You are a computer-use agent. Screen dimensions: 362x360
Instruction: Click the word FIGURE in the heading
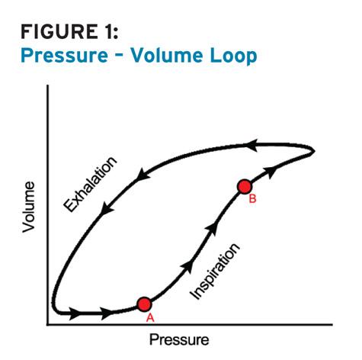click(x=59, y=31)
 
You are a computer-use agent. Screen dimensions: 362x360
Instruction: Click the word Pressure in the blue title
click(x=64, y=56)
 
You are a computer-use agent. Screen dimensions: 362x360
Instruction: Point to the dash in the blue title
click(x=120, y=56)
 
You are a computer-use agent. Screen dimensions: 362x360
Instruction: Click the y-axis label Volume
click(x=28, y=207)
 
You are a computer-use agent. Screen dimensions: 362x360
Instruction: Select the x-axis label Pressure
click(x=179, y=339)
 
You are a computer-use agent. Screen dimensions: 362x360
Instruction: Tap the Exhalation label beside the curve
click(x=90, y=184)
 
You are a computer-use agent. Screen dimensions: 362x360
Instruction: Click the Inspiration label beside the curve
click(x=215, y=272)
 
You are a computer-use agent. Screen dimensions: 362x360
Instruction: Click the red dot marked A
click(x=144, y=304)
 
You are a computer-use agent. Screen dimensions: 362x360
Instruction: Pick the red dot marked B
click(x=245, y=187)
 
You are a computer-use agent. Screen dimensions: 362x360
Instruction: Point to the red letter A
click(x=150, y=317)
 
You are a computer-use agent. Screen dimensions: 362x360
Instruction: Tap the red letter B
click(x=252, y=198)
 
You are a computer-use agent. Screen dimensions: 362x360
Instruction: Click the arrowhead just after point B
click(x=270, y=173)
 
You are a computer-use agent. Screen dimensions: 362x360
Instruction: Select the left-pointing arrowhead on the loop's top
click(x=251, y=146)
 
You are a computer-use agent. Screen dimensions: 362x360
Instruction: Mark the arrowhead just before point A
click(x=106, y=313)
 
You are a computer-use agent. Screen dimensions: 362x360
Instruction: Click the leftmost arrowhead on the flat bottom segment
click(x=75, y=313)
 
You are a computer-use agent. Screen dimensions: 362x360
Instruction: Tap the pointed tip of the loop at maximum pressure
click(x=315, y=152)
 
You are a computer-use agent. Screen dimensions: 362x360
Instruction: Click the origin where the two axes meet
click(x=47, y=325)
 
